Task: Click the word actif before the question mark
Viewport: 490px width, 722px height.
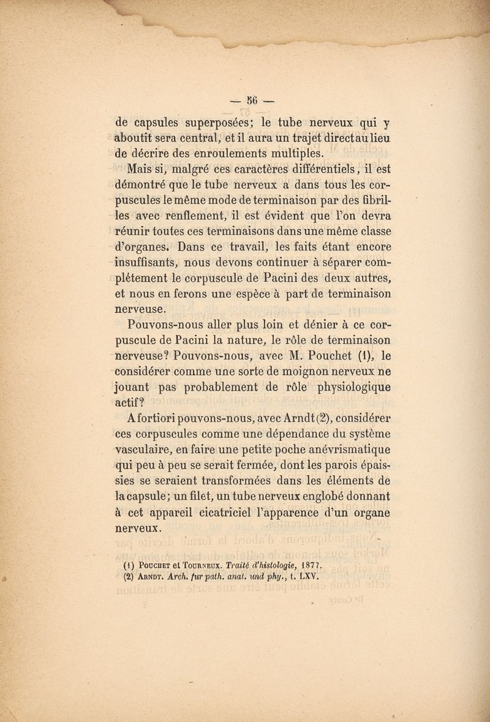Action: click(x=129, y=402)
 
